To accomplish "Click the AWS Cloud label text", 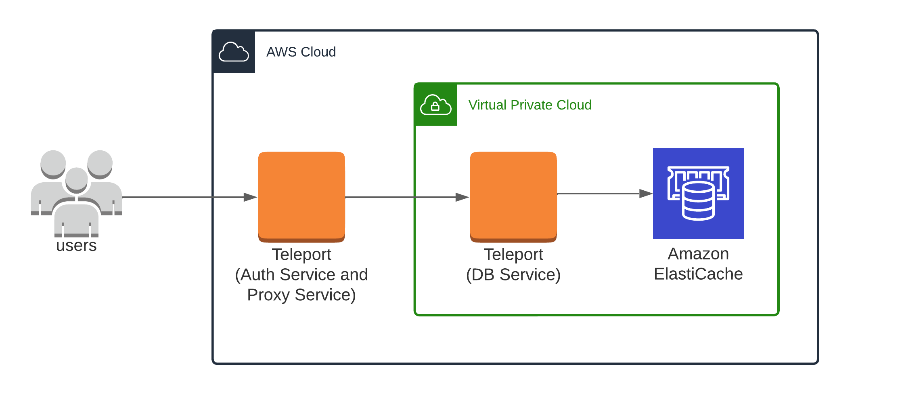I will (301, 52).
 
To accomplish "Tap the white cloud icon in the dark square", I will (234, 52).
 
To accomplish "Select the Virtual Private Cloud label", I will (529, 105).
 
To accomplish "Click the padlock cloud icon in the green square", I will (435, 105).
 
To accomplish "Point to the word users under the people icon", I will (76, 245).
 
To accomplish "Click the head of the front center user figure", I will (77, 179).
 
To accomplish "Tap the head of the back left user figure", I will (53, 163).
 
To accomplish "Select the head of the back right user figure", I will (100, 163).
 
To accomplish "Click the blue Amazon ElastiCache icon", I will (698, 193).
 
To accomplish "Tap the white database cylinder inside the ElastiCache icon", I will (698, 201).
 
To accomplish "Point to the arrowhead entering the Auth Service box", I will (250, 197).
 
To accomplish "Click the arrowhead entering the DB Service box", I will (462, 197).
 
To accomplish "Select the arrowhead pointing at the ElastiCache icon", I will (646, 194).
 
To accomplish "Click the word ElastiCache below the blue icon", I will (698, 274).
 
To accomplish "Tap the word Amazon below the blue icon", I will (698, 254).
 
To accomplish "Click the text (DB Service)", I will (513, 275).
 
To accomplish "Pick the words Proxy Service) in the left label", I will (301, 295).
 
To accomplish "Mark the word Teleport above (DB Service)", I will (513, 255).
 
